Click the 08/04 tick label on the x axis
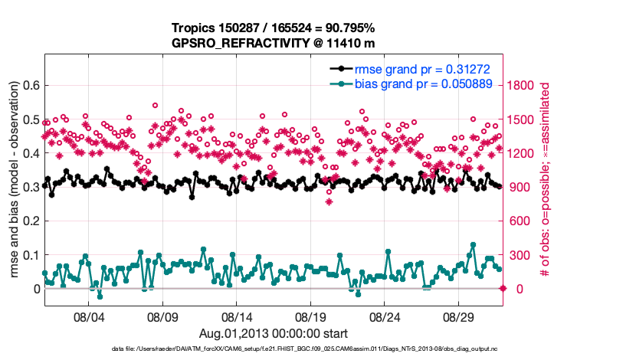88,316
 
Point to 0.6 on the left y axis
30,85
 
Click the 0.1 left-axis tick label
30,255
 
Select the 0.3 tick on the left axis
30,187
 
